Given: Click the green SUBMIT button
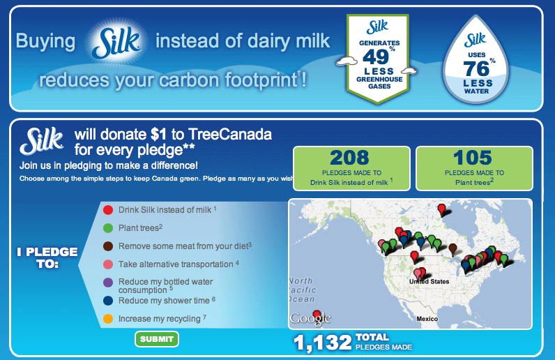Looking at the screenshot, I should [x=157, y=339].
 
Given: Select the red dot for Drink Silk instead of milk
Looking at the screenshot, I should [x=108, y=210].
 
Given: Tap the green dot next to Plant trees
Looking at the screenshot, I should [x=108, y=228].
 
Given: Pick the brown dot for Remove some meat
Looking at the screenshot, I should [x=108, y=246].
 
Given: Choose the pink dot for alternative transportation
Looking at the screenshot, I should [x=108, y=264].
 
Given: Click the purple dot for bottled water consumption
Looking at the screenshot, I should [x=108, y=283].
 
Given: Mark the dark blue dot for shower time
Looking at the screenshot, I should [x=108, y=301].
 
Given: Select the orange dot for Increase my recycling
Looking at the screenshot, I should [x=108, y=319].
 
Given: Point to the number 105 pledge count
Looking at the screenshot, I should [x=473, y=158].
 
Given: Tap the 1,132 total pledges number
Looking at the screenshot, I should [x=322, y=343].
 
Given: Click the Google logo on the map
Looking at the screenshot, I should [x=310, y=318].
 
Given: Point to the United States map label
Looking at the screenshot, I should [x=429, y=281].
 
